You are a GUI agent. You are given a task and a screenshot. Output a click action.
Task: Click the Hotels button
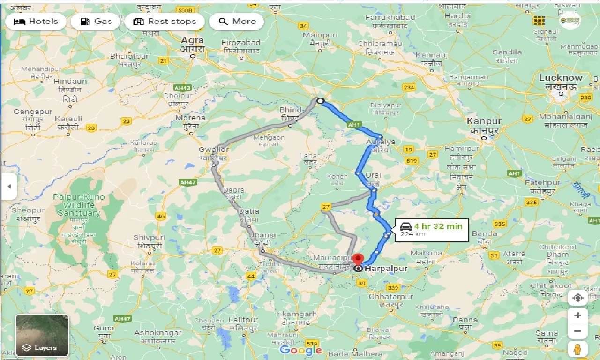(x=36, y=22)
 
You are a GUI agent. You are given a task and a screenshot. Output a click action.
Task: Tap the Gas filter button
(x=96, y=22)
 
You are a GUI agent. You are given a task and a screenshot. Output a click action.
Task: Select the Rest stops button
(x=165, y=22)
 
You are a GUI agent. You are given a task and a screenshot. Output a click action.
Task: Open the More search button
(x=237, y=22)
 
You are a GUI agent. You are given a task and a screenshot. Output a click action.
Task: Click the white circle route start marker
(x=321, y=100)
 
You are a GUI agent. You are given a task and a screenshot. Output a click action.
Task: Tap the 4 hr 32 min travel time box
(x=431, y=230)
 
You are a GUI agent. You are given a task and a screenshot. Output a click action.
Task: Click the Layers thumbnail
(x=42, y=335)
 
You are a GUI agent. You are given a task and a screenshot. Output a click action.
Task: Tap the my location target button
(x=577, y=298)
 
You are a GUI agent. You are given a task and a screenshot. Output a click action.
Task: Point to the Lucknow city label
(x=561, y=78)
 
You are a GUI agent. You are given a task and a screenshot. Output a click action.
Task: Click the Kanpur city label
(x=484, y=121)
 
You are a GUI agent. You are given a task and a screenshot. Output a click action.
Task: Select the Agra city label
(x=193, y=40)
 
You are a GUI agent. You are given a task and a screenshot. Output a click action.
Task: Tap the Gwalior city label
(x=213, y=150)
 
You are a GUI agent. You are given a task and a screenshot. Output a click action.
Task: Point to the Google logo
(x=301, y=350)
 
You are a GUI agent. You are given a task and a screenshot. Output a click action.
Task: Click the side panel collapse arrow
(x=8, y=186)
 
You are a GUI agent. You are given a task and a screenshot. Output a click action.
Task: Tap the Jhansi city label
(x=262, y=235)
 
